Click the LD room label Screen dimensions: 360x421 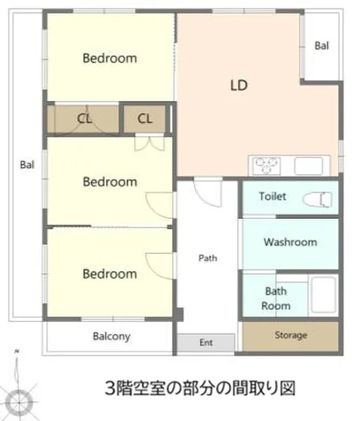pyautogui.click(x=239, y=85)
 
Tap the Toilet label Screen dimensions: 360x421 pyautogui.click(x=272, y=196)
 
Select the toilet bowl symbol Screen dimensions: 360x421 pyautogui.click(x=317, y=199)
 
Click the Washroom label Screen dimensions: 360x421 pyautogui.click(x=291, y=242)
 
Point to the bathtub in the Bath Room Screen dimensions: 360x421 pyautogui.click(x=324, y=295)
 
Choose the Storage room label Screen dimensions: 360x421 pyautogui.click(x=291, y=335)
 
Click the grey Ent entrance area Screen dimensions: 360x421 pyautogui.click(x=206, y=342)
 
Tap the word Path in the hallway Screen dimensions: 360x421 pyautogui.click(x=208, y=258)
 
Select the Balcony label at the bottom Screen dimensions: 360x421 pyautogui.click(x=112, y=336)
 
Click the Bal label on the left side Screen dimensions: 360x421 pyautogui.click(x=27, y=165)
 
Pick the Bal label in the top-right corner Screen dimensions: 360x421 pyautogui.click(x=321, y=46)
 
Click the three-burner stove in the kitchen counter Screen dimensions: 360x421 pyautogui.click(x=266, y=166)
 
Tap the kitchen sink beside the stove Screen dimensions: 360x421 pyautogui.click(x=309, y=166)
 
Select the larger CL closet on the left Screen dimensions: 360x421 pyautogui.click(x=84, y=119)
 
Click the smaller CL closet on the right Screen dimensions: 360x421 pyautogui.click(x=145, y=119)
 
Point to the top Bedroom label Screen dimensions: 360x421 pyautogui.click(x=109, y=58)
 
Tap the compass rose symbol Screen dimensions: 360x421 pyautogui.click(x=19, y=402)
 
